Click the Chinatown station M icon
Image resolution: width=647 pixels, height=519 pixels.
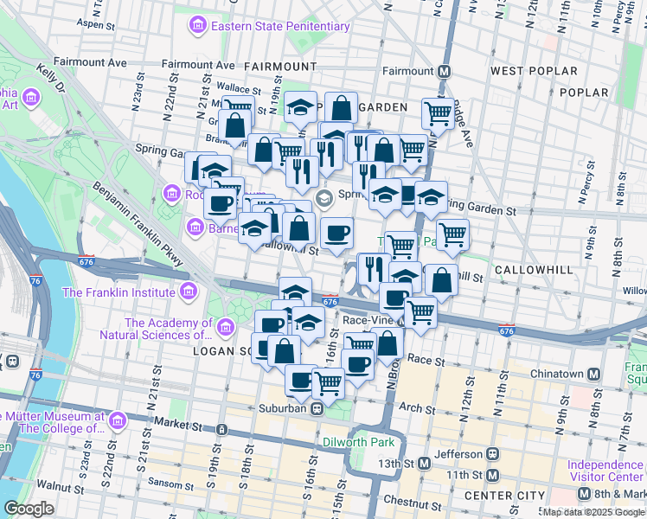pyautogui.click(x=593, y=375)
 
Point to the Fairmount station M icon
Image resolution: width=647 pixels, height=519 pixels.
pyautogui.click(x=444, y=71)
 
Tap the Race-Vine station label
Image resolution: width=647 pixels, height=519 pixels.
pyautogui.click(x=368, y=319)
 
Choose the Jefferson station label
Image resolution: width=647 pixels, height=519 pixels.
pyautogui.click(x=458, y=453)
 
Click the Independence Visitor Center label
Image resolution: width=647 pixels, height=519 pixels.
pyautogui.click(x=605, y=471)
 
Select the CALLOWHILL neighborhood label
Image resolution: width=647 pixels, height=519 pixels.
pyautogui.click(x=534, y=270)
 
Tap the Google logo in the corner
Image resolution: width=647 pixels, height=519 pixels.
pyautogui.click(x=29, y=508)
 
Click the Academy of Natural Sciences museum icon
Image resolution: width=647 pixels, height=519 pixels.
pyautogui.click(x=226, y=328)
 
